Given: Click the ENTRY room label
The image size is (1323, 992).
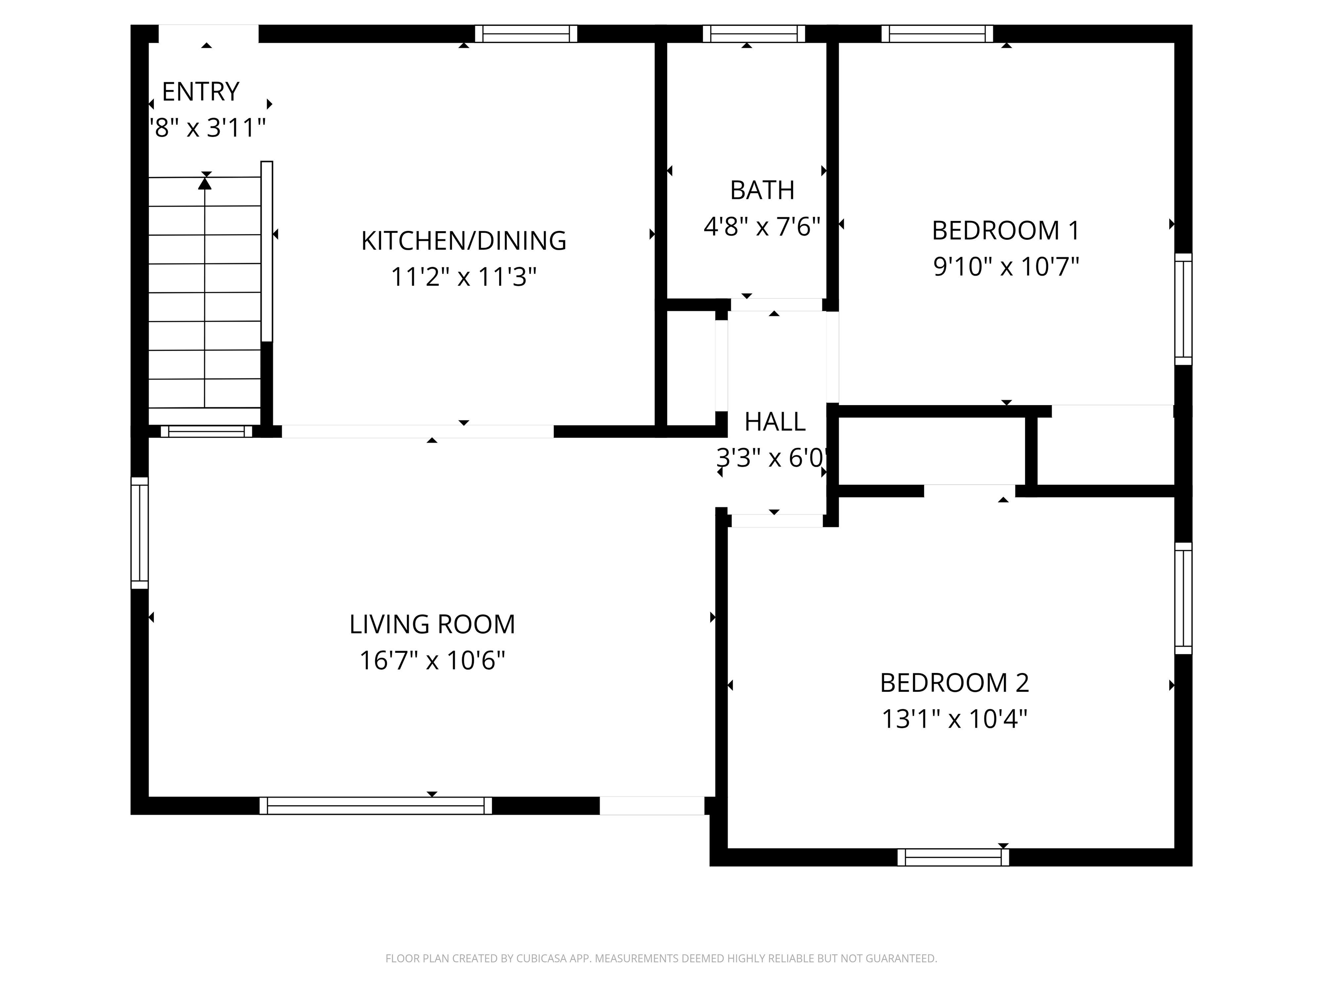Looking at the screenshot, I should coord(200,91).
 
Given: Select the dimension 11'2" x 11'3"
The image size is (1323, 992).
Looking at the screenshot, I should coord(463,277).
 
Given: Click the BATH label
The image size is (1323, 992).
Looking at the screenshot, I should coord(762,190).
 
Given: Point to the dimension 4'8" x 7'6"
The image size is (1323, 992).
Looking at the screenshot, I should coord(761,226).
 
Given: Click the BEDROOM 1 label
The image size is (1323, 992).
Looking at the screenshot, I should coord(1006,231).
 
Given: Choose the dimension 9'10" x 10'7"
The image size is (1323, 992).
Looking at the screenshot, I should coord(1006,266).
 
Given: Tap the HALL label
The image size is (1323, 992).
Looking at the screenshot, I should coord(774,422).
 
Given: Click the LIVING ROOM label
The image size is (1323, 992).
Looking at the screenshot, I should coord(432,624).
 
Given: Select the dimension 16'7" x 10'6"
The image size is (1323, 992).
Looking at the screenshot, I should coord(432,661).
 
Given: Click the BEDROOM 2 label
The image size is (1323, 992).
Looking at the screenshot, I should coord(955,683).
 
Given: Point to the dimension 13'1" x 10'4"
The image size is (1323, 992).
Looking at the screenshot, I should coord(955,719).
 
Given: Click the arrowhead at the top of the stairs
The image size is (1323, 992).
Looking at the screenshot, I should coord(205,183).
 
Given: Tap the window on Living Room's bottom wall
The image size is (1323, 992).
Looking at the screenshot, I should coord(376,806).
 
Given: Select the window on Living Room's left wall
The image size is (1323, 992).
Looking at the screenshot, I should coord(140,533).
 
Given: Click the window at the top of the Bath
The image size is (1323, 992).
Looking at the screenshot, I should coord(754,34).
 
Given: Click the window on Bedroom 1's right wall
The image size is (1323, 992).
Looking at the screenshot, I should coord(1183,309).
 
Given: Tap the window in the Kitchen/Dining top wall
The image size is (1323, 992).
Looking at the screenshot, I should coord(526,34).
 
